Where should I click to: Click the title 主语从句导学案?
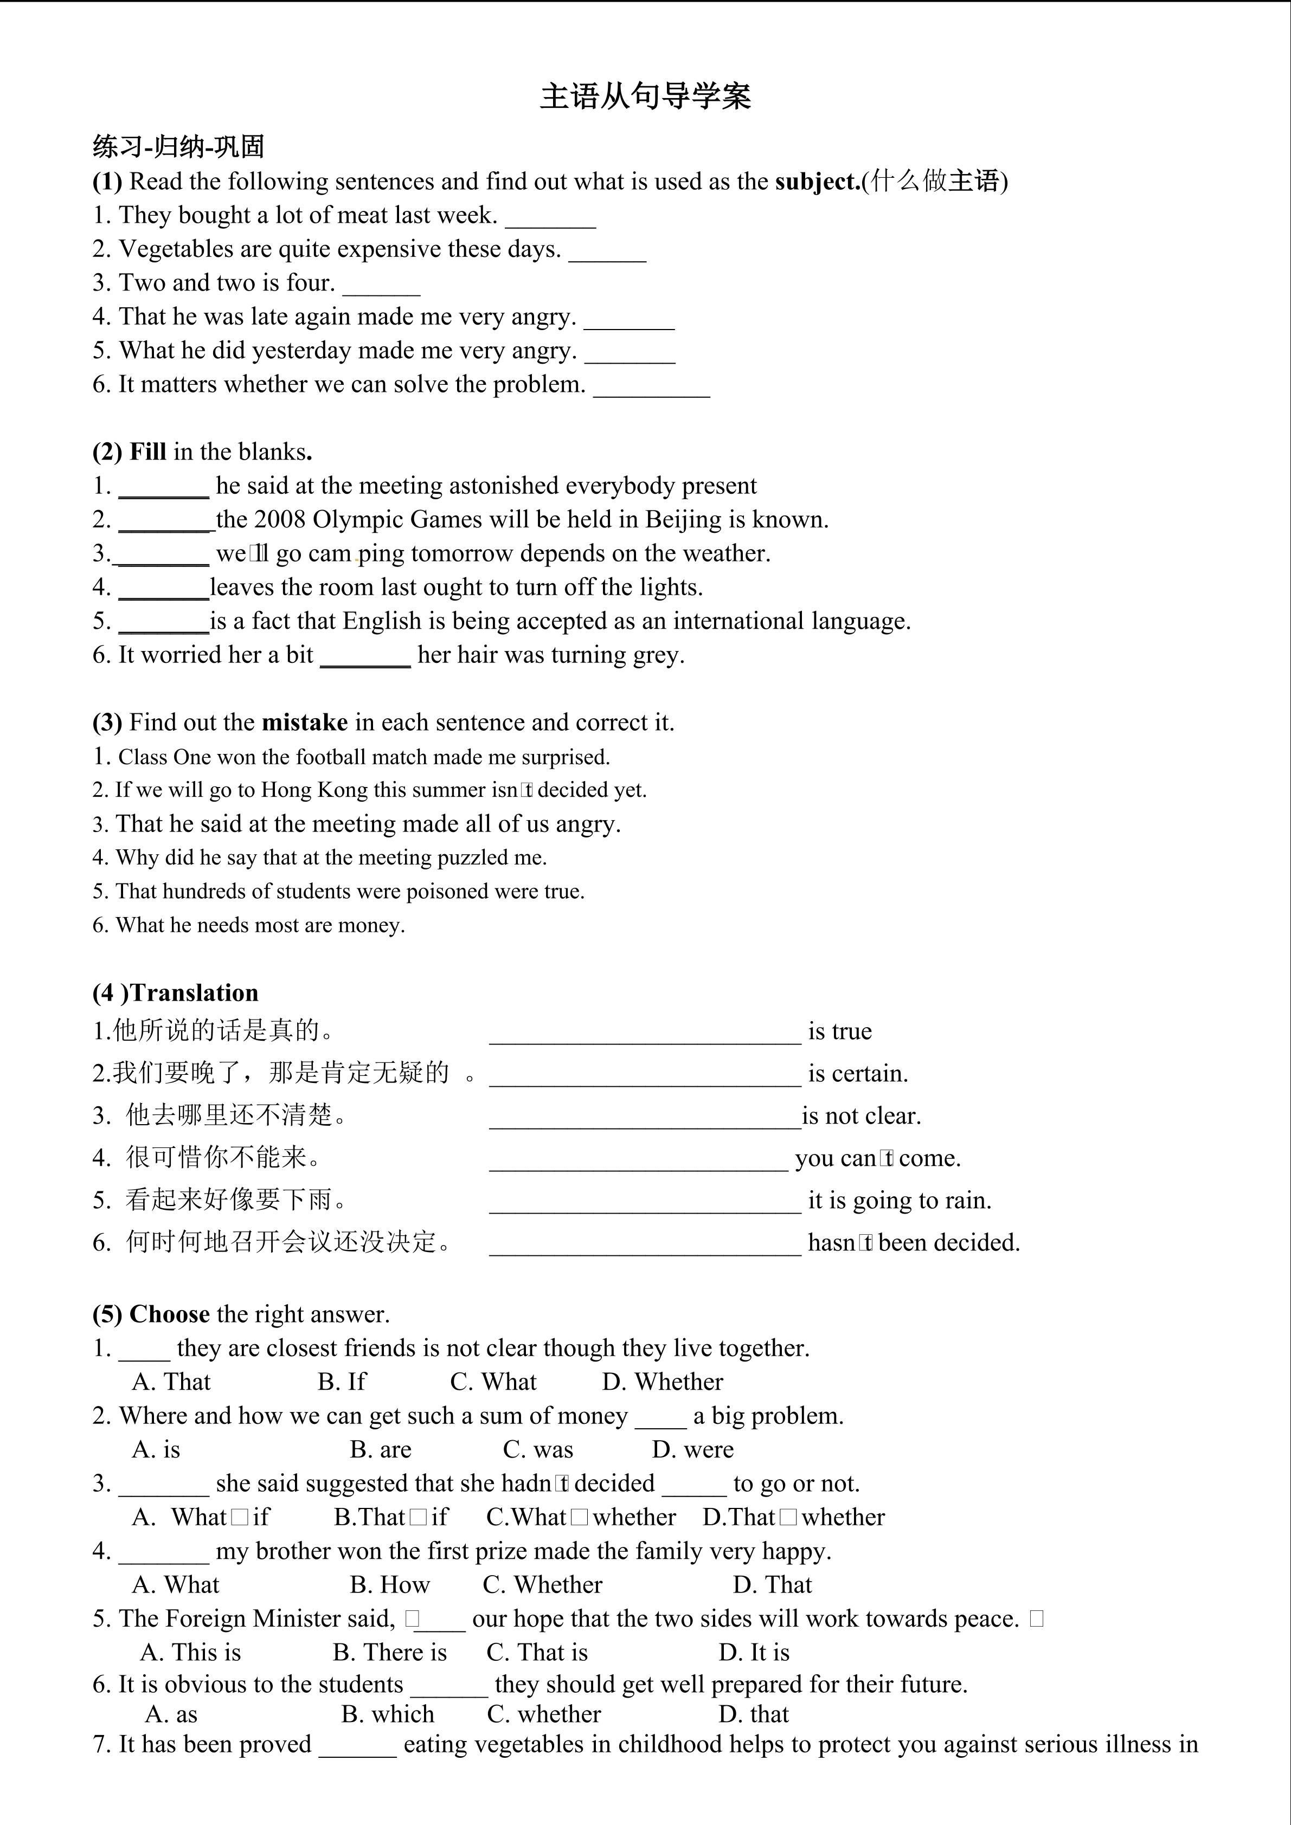[645, 96]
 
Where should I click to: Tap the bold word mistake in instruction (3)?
[305, 723]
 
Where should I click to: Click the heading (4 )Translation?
[176, 993]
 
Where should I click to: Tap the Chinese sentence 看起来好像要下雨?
[227, 1200]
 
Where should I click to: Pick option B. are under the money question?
[380, 1450]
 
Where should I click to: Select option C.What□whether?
[581, 1517]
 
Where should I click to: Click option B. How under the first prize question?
[389, 1585]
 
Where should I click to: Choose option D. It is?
[754, 1653]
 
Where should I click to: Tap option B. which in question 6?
[387, 1714]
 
